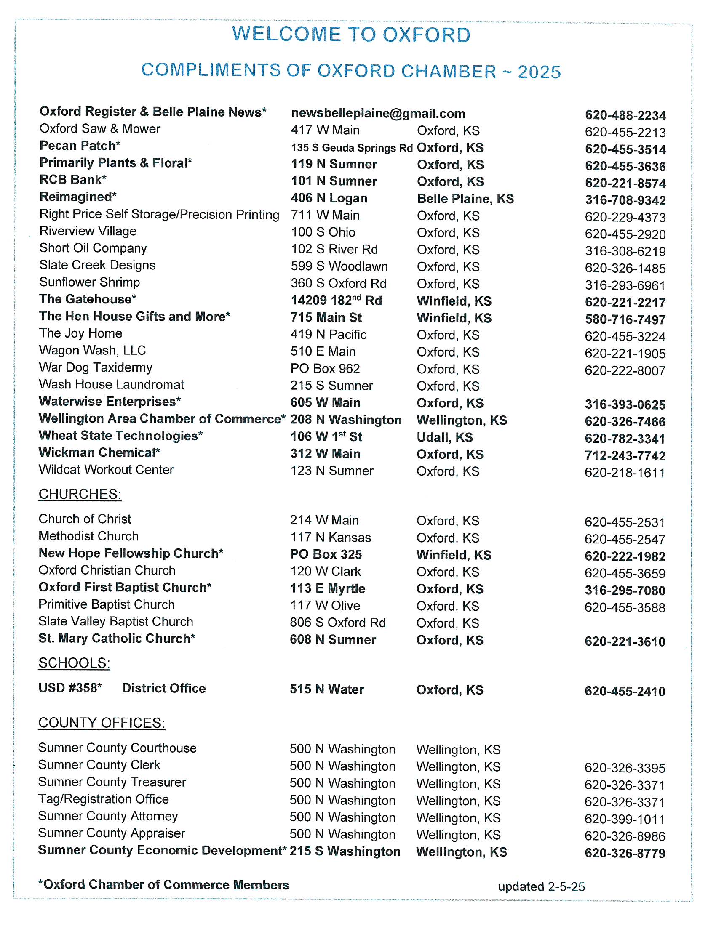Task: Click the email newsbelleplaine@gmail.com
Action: [378, 113]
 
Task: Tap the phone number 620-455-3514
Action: [625, 149]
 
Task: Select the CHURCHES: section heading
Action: [80, 494]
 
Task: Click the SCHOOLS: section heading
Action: [74, 663]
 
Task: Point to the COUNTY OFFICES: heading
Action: [102, 722]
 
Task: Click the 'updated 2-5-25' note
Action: [541, 886]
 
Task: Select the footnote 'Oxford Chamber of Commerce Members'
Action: [164, 884]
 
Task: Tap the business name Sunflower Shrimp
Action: [89, 282]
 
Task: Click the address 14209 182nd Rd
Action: [336, 300]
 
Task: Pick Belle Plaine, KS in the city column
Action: [465, 198]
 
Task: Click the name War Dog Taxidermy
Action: [96, 367]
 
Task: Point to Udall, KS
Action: [444, 437]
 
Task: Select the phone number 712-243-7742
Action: [625, 456]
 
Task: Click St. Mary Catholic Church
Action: [117, 638]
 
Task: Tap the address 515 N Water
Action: [326, 689]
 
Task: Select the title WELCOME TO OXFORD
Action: [351, 35]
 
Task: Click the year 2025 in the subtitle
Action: [539, 72]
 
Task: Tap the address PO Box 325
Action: [326, 554]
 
